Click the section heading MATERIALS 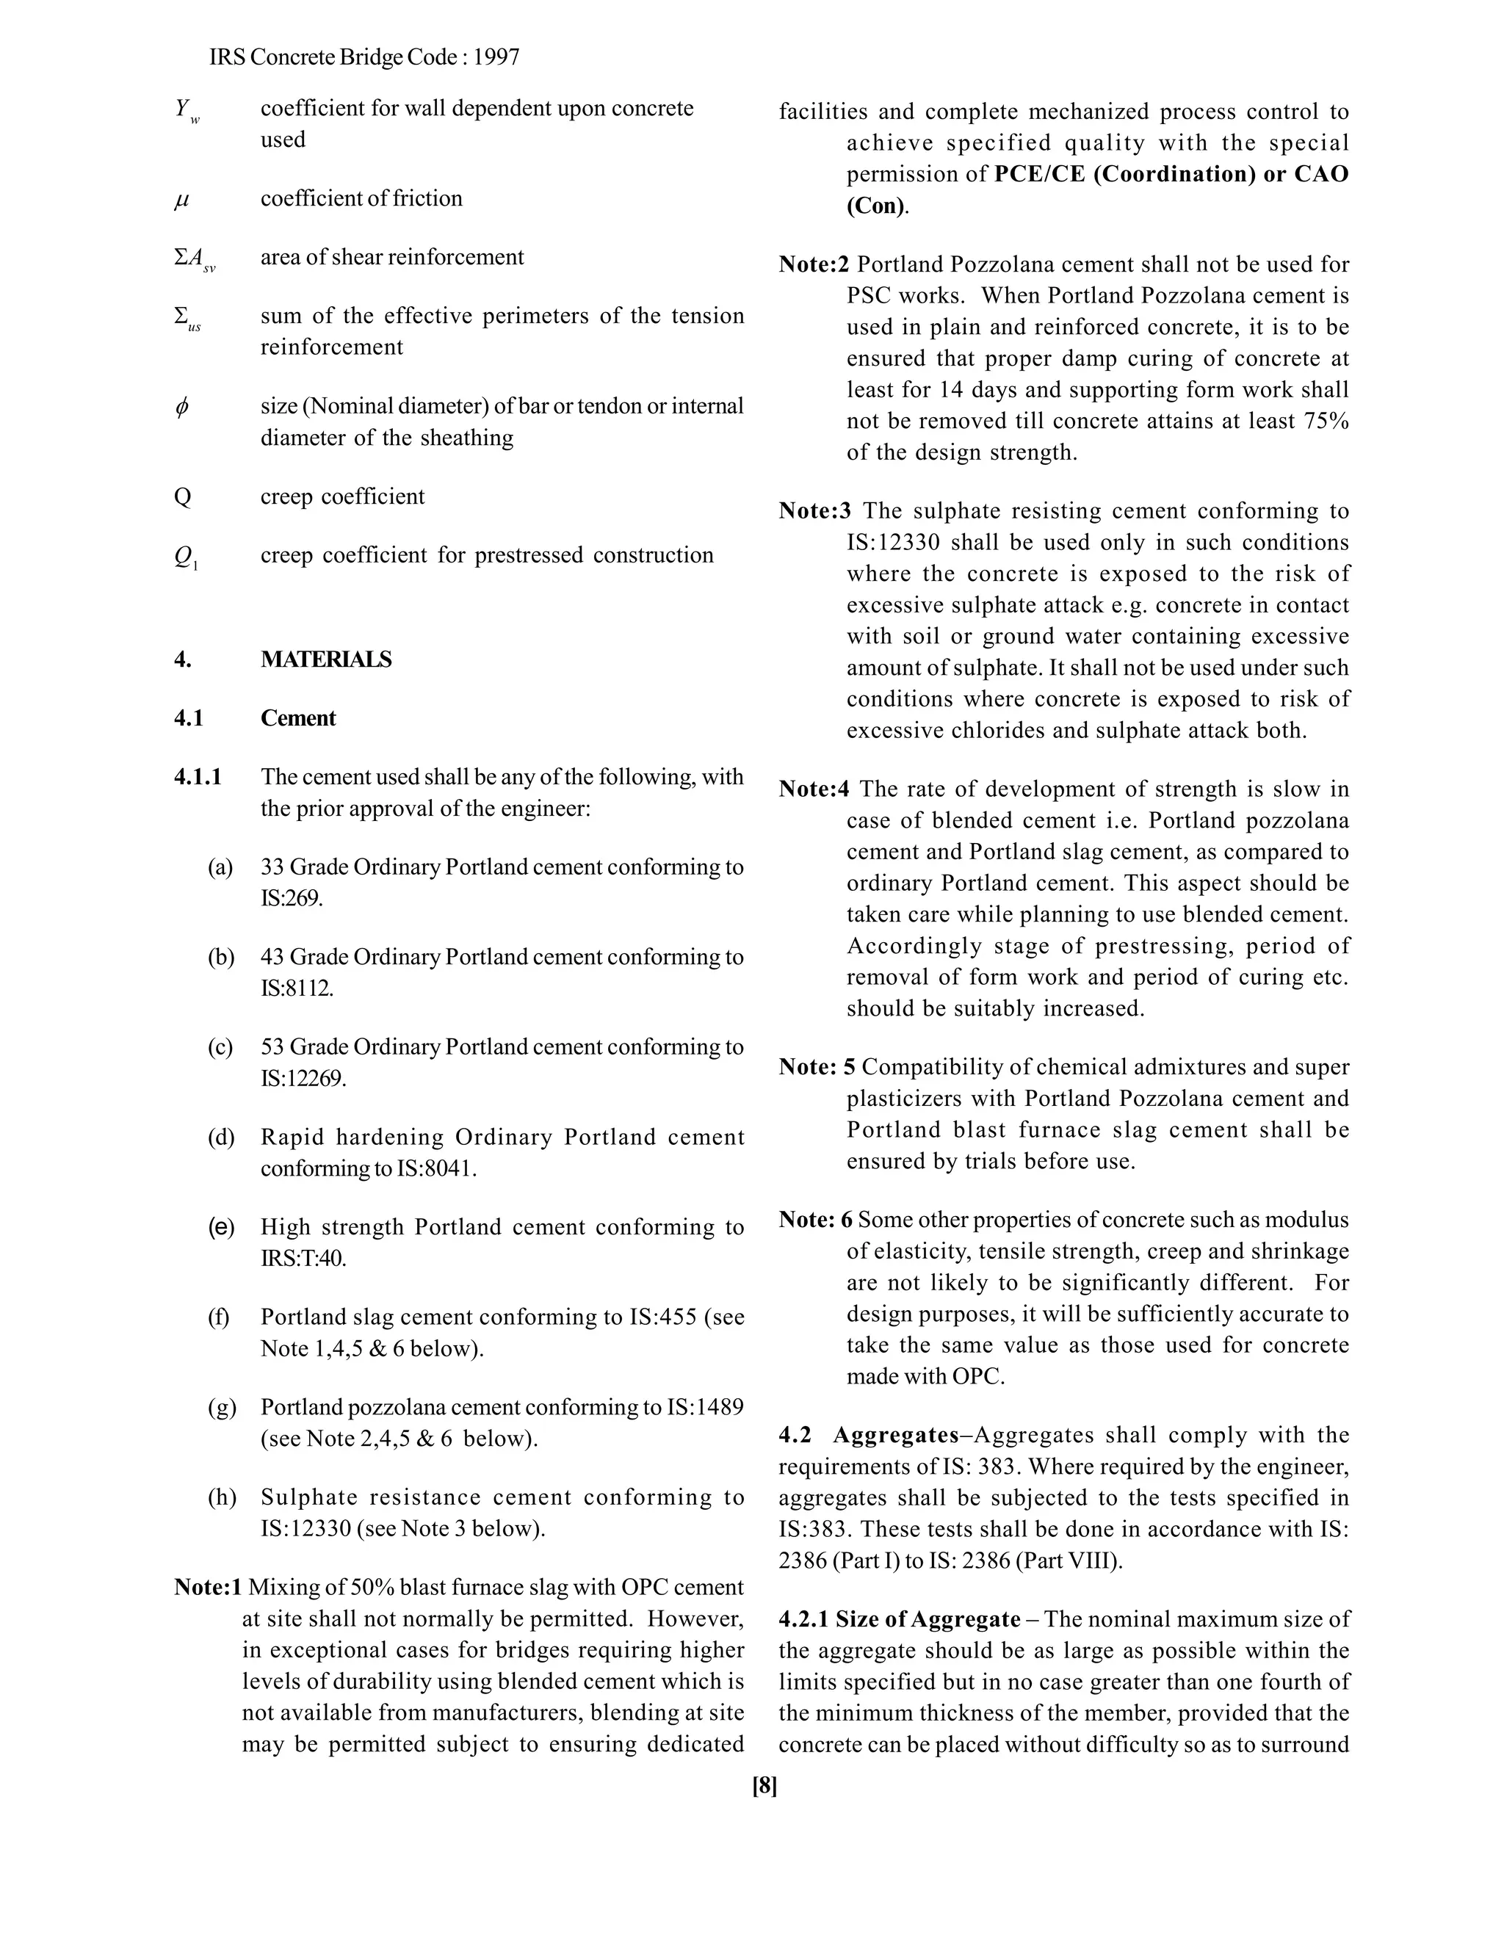(x=325, y=659)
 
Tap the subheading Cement (x=297, y=718)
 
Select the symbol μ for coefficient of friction (x=182, y=199)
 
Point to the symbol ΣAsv (x=193, y=259)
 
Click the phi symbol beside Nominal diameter (x=182, y=408)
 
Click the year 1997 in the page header (x=496, y=58)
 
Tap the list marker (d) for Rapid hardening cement (x=221, y=1137)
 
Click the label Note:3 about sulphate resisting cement (x=814, y=510)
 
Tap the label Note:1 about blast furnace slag (x=208, y=1587)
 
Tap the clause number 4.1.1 (x=197, y=777)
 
